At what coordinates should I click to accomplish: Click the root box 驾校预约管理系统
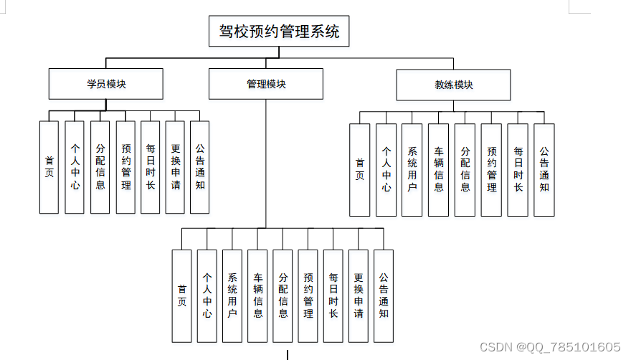click(x=279, y=31)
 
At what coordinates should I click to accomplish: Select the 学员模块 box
click(x=106, y=84)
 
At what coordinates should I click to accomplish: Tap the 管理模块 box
click(x=266, y=84)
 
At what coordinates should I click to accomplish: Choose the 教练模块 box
click(x=453, y=85)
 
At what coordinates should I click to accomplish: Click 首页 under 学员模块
click(x=49, y=167)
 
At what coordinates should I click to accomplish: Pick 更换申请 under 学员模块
click(x=175, y=167)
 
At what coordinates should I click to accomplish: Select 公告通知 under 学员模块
click(x=199, y=167)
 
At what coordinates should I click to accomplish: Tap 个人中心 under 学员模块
click(x=75, y=167)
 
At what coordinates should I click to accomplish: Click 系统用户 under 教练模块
click(x=412, y=170)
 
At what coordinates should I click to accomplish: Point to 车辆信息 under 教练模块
click(x=439, y=170)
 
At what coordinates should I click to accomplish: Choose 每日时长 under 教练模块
click(x=518, y=170)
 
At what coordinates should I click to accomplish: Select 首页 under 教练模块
click(x=360, y=170)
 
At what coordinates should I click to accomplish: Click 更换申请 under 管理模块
click(x=358, y=296)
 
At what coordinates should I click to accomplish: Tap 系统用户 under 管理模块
click(x=232, y=296)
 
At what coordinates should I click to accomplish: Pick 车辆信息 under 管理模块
click(x=257, y=296)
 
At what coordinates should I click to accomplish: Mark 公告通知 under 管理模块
click(x=384, y=296)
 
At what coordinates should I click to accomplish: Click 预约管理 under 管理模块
click(x=308, y=296)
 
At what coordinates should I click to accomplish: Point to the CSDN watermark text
click(x=550, y=347)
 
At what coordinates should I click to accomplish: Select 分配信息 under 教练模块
click(x=465, y=170)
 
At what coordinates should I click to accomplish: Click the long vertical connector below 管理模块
click(x=265, y=164)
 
